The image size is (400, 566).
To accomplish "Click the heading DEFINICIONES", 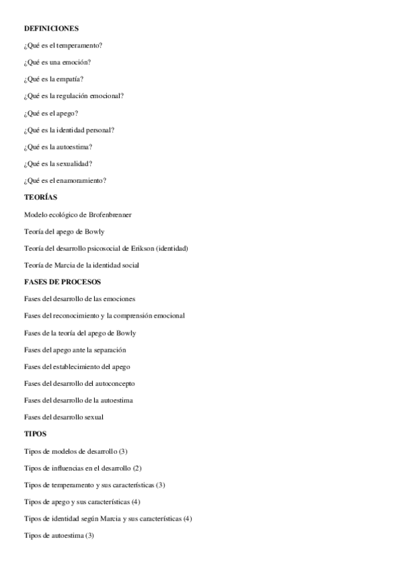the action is pyautogui.click(x=51, y=29).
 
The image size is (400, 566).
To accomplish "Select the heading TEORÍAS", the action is pyautogui.click(x=41, y=198).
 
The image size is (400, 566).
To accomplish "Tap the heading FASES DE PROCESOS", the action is pyautogui.click(x=62, y=282).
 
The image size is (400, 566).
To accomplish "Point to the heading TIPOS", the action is pyautogui.click(x=35, y=434).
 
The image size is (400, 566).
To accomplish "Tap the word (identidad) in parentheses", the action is pyautogui.click(x=172, y=248).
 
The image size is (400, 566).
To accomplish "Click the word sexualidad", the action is pyautogui.click(x=74, y=164).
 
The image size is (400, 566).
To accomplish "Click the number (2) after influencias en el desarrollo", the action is pyautogui.click(x=137, y=468).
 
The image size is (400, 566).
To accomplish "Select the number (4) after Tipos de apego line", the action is pyautogui.click(x=136, y=502).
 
